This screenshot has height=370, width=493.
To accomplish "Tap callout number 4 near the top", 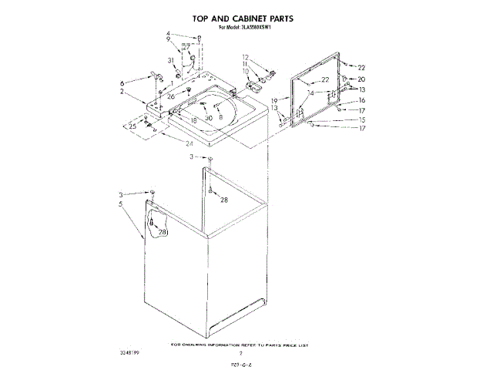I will (168, 33).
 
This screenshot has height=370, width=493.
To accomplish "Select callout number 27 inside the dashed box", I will (186, 47).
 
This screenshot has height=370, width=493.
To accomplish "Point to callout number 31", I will (169, 61).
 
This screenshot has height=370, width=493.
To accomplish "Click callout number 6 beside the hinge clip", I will (122, 82).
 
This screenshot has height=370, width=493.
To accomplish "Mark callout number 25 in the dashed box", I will (133, 125).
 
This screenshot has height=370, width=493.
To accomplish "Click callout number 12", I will (246, 57).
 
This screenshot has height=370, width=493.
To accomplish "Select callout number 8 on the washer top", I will (220, 116).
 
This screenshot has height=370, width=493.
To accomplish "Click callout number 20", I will (361, 79).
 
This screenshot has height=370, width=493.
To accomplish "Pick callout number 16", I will (361, 100).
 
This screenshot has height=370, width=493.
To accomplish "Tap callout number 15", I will (361, 119).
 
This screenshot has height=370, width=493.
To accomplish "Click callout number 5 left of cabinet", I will (122, 204).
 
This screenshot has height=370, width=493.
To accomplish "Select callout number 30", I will (208, 117).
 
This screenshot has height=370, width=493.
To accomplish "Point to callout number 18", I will (193, 121).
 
